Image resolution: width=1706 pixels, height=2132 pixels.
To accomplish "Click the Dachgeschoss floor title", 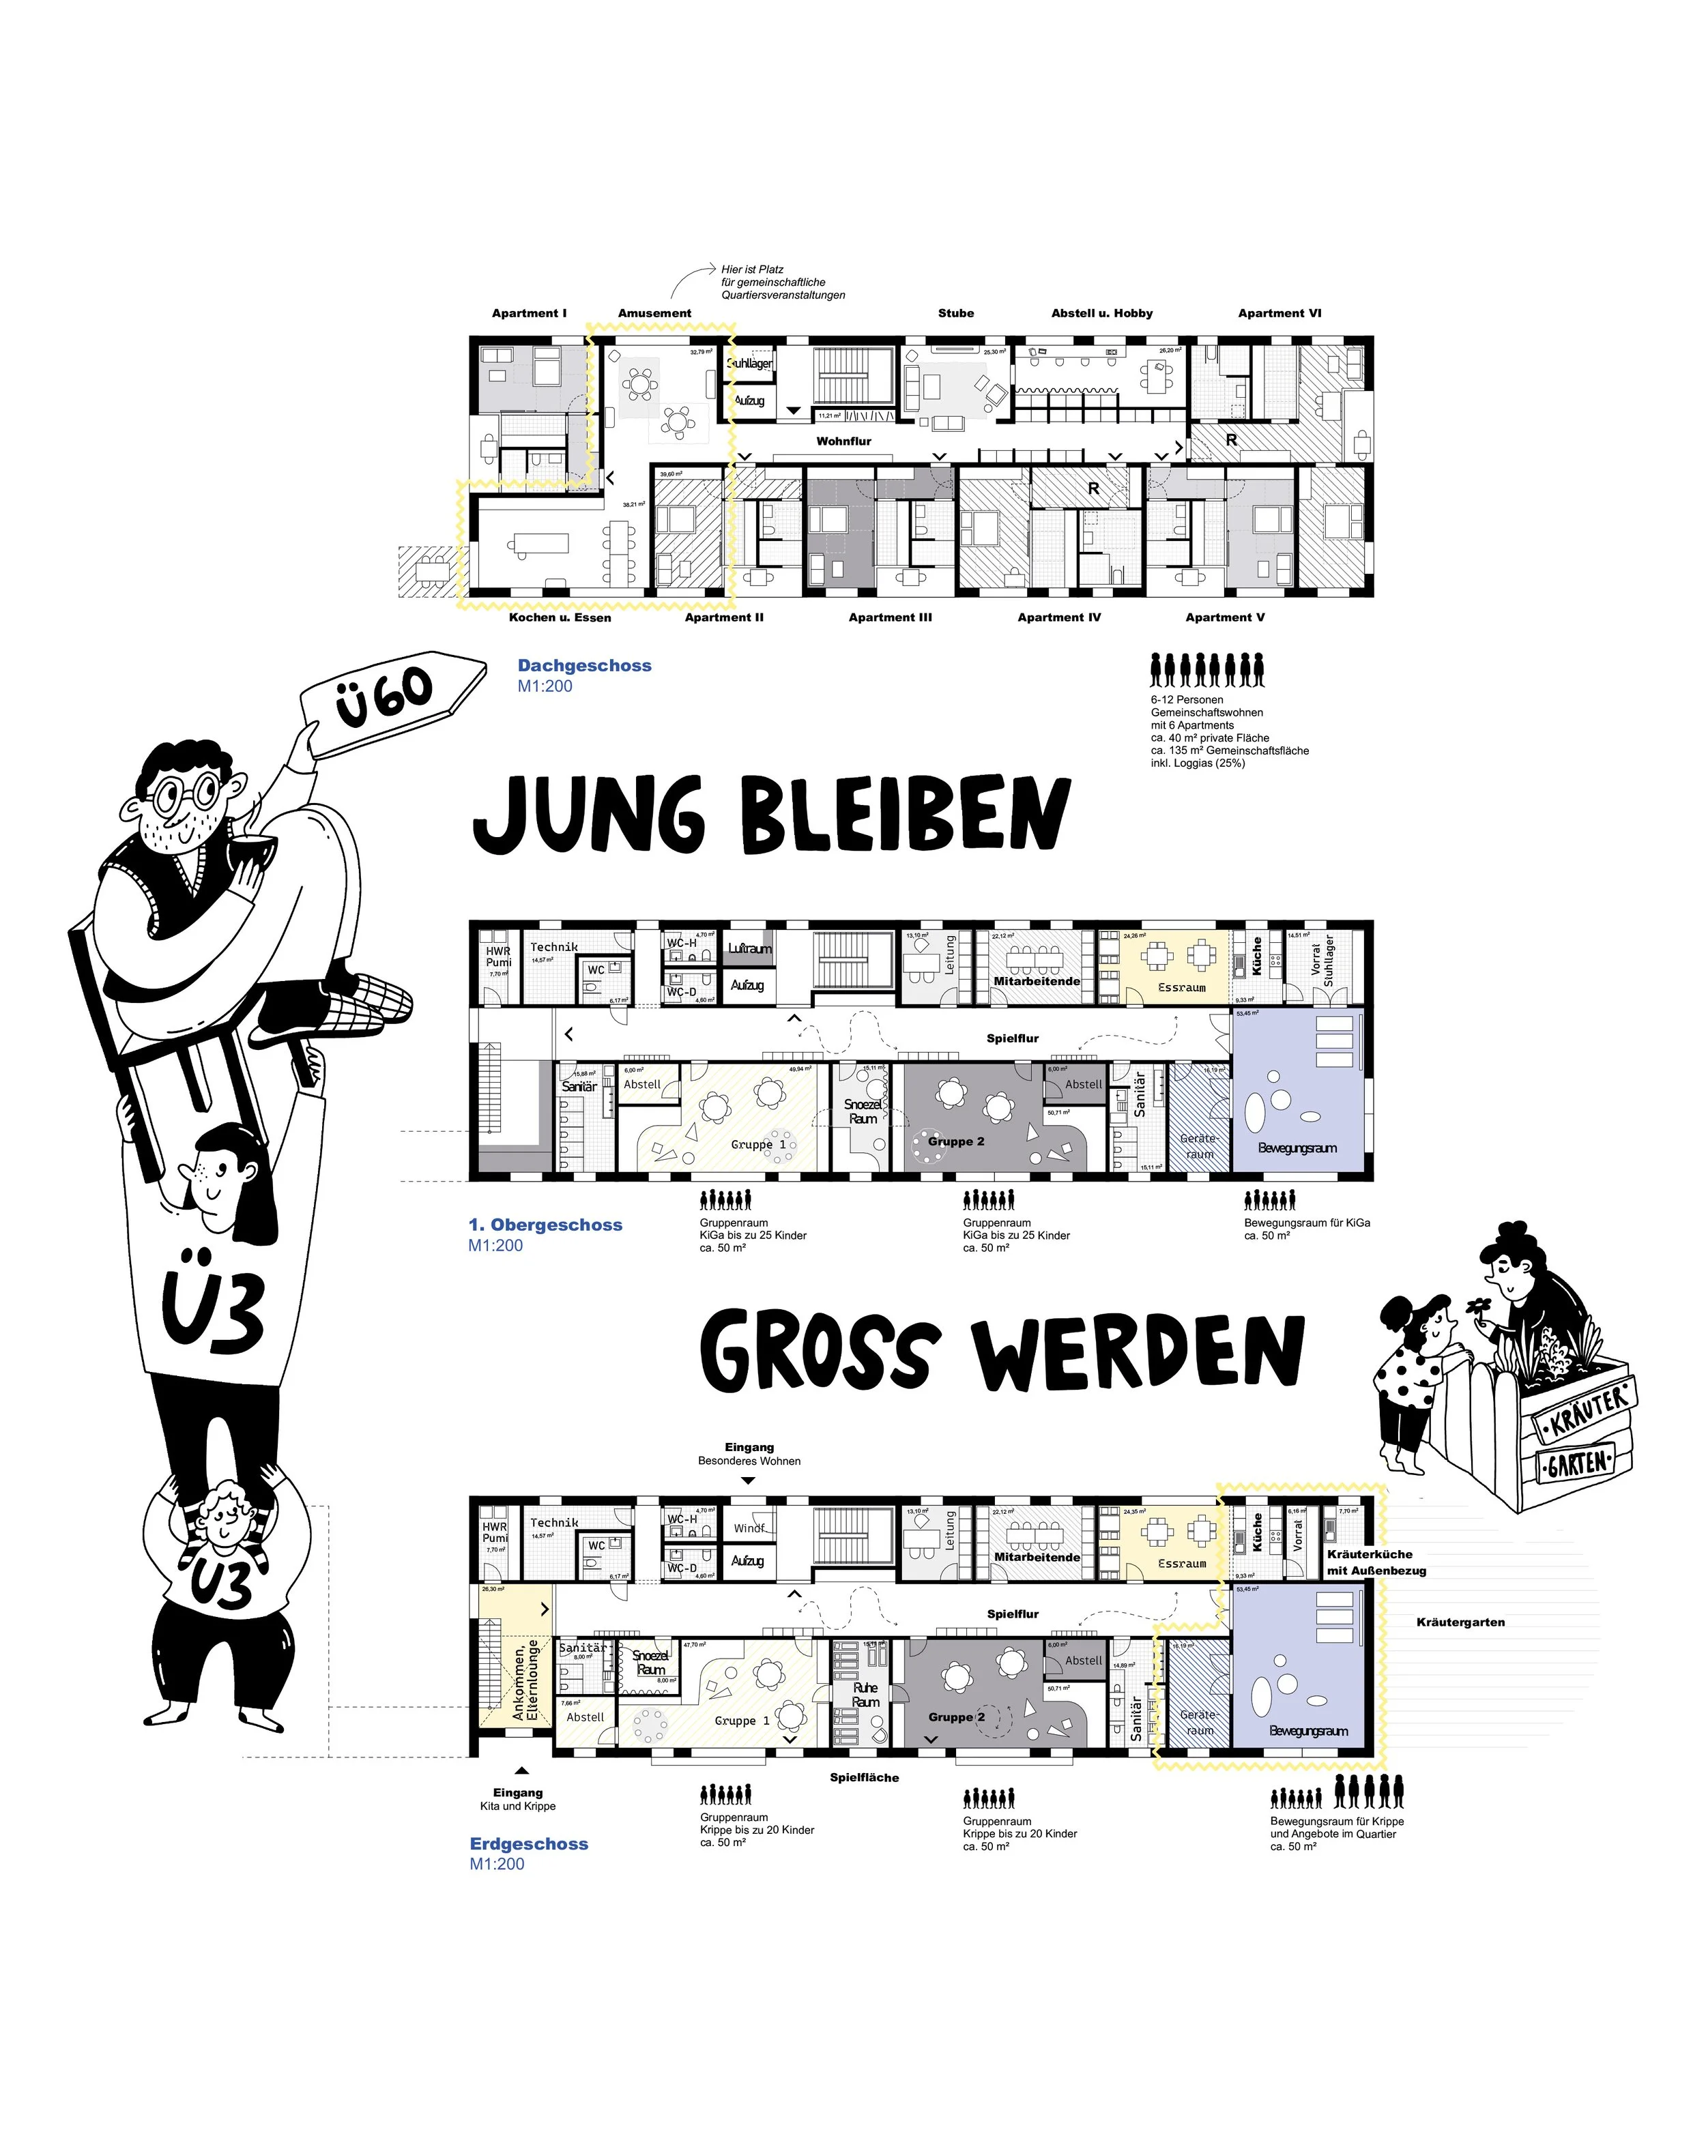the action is coord(585,665).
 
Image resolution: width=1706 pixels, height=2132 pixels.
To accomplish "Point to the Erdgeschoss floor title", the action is coord(528,1843).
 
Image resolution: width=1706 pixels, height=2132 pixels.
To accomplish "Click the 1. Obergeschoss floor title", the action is coord(546,1224).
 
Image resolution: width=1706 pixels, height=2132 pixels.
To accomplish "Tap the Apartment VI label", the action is coord(1279,313).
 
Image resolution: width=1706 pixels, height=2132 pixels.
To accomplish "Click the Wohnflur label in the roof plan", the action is coord(843,441).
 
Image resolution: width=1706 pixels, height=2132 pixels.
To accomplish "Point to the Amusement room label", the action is coord(654,313).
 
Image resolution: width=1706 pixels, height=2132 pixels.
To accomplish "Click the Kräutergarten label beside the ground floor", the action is coord(1460,1622).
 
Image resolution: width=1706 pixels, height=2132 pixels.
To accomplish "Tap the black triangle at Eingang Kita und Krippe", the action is coord(521,1770).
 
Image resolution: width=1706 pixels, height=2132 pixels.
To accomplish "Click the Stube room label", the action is coord(955,313).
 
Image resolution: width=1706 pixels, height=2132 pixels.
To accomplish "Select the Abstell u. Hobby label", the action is coord(1101,313).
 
